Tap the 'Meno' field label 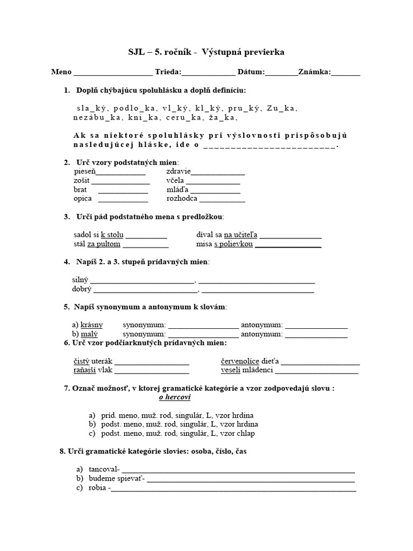pyautogui.click(x=61, y=72)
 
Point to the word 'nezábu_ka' pyautogui.click(x=96, y=117)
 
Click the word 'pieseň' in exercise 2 pyautogui.click(x=84, y=172)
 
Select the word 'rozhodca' pyautogui.click(x=182, y=198)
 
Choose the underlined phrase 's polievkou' pyautogui.click(x=233, y=244)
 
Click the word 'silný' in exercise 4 pyautogui.click(x=80, y=280)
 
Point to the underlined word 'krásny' pyautogui.click(x=91, y=325)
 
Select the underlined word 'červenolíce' pyautogui.click(x=240, y=361)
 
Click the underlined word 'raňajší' pyautogui.click(x=84, y=370)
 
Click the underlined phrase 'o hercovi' pyautogui.click(x=175, y=398)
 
